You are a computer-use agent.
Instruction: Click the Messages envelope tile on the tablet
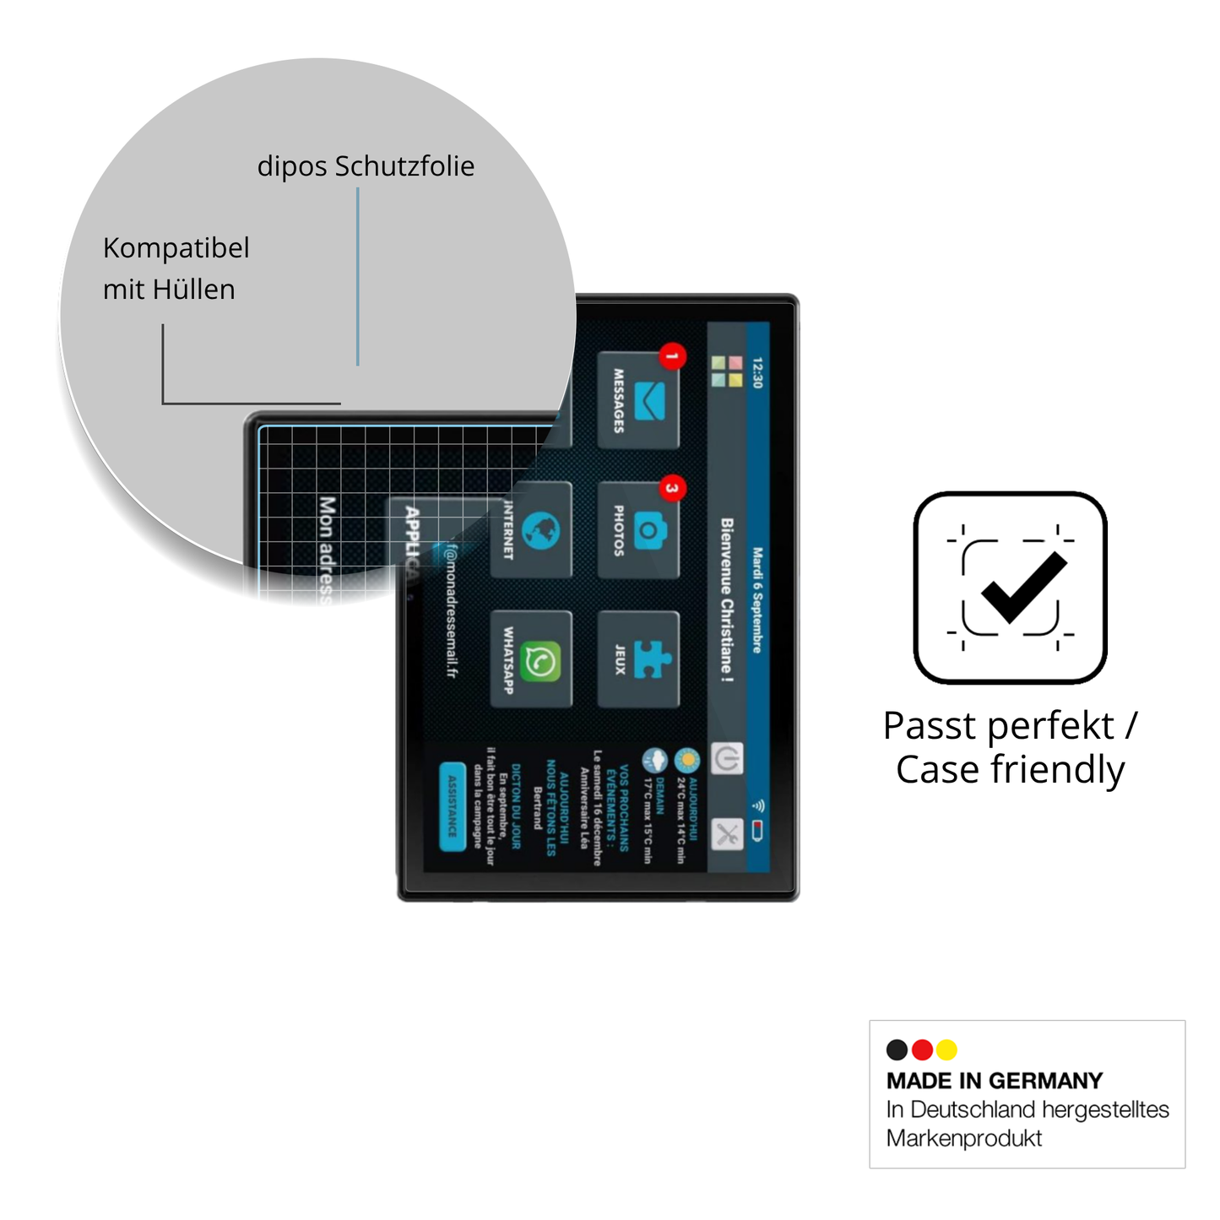click(x=638, y=400)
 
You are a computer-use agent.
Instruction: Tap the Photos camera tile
click(x=638, y=530)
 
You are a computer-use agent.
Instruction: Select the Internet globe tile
click(x=531, y=530)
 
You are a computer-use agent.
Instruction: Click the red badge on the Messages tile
click(x=672, y=356)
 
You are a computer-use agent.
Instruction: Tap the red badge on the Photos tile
click(x=672, y=488)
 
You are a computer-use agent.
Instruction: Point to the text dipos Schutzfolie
click(x=366, y=166)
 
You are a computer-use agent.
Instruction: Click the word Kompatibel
click(x=176, y=248)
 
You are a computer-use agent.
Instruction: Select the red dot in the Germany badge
click(x=922, y=1049)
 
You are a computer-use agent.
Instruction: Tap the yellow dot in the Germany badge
click(x=946, y=1049)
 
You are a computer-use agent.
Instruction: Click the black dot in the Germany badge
click(x=897, y=1049)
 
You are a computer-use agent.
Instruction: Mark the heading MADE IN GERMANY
click(x=995, y=1081)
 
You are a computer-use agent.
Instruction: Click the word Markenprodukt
click(x=963, y=1138)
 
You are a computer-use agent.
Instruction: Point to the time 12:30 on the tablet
click(x=757, y=372)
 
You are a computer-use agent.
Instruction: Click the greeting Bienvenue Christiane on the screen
click(x=727, y=599)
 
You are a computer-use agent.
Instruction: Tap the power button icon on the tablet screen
click(x=727, y=758)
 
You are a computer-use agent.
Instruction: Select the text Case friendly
click(x=1010, y=770)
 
